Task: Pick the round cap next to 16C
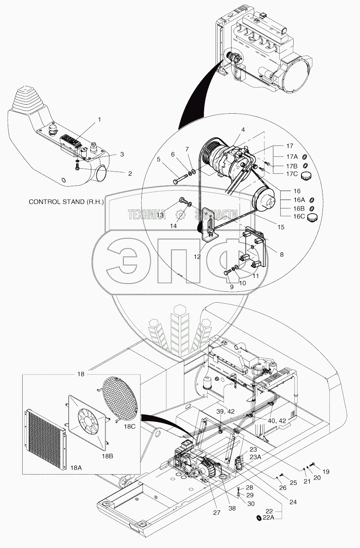point(312,218)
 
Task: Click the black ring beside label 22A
point(258,518)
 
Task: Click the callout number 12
point(197,257)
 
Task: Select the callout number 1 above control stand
point(99,120)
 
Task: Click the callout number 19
point(326,471)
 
